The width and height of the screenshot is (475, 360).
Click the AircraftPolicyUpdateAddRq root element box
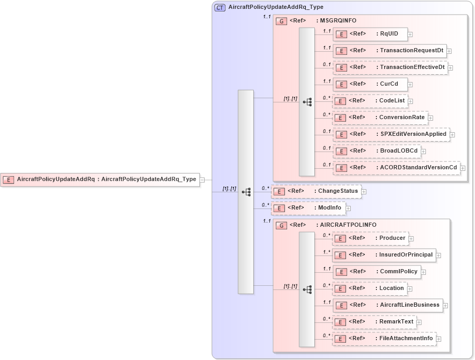pyautogui.click(x=100, y=179)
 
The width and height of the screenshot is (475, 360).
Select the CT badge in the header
pyautogui.click(x=220, y=7)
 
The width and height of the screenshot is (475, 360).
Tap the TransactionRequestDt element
pyautogui.click(x=389, y=51)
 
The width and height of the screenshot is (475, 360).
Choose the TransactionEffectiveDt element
pyautogui.click(x=390, y=67)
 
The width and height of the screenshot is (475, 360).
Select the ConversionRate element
pyautogui.click(x=379, y=118)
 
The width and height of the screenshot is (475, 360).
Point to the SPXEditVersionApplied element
pyautogui.click(x=391, y=134)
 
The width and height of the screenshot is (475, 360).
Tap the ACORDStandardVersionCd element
pyautogui.click(x=396, y=168)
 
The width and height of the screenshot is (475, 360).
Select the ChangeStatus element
pyautogui.click(x=316, y=191)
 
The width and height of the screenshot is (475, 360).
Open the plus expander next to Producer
pyautogui.click(x=411, y=239)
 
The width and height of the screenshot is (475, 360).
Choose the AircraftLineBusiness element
pyautogui.click(x=387, y=305)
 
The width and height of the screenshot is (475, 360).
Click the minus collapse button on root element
pyautogui.click(x=202, y=180)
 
